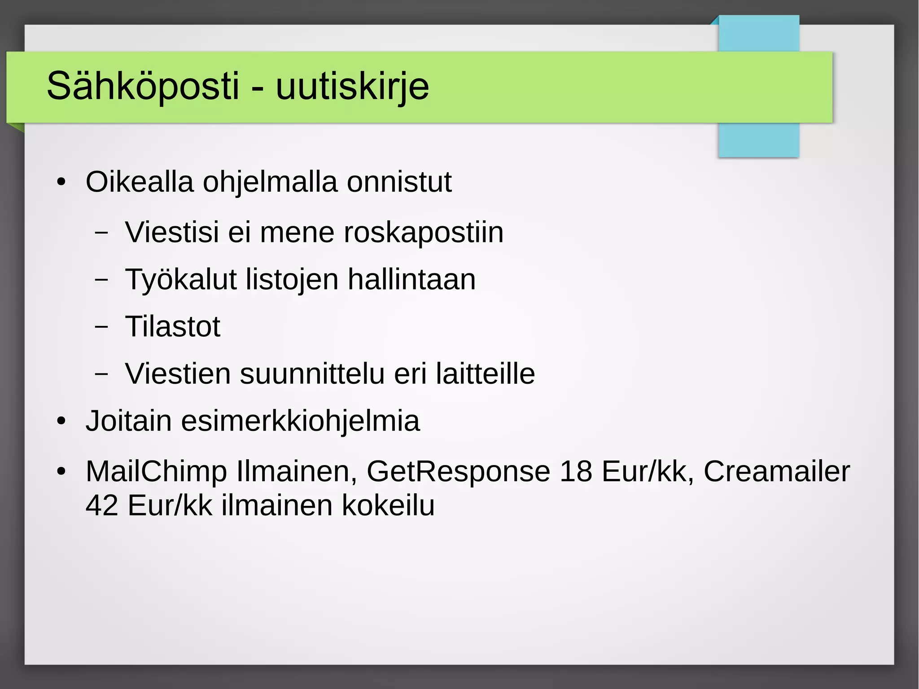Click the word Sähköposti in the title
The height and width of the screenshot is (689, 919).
pos(143,86)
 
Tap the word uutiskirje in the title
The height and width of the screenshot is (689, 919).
pos(352,86)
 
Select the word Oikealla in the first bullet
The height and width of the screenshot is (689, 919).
pos(140,182)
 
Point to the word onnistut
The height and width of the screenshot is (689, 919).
pos(399,182)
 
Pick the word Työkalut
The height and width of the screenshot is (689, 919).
pos(180,280)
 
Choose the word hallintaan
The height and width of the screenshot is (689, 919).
pos(411,279)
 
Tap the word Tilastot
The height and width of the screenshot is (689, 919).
pos(173,326)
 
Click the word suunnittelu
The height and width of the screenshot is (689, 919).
pos(312,373)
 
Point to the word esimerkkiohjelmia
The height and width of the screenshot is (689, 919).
pos(300,421)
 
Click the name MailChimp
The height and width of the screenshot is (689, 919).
pos(156,472)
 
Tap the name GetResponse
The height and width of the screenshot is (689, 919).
pos(458,472)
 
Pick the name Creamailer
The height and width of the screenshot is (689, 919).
pos(776,472)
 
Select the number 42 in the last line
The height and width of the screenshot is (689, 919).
pos(102,506)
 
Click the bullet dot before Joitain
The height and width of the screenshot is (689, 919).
pos(61,422)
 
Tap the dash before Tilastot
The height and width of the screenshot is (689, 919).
pos(102,326)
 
